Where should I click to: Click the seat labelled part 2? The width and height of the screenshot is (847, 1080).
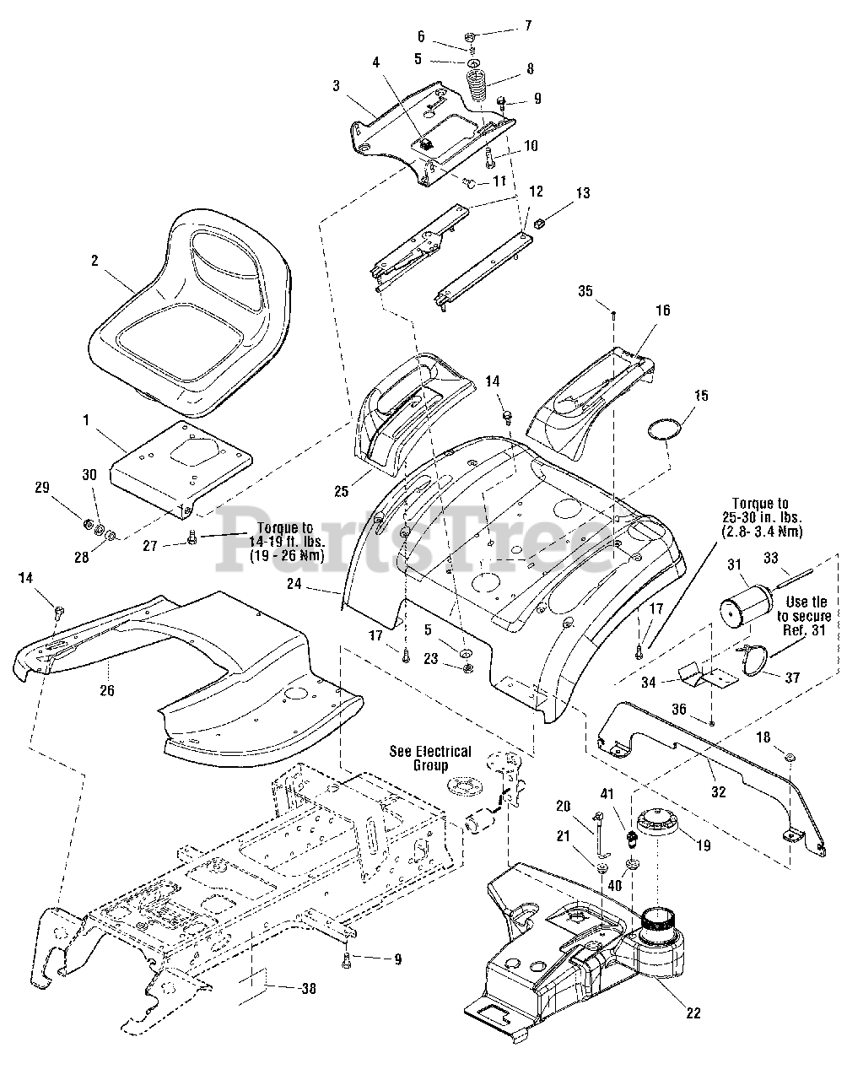[192, 318]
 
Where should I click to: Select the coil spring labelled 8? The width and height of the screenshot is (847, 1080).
[475, 85]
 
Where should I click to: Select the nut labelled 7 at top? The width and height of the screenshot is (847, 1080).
[469, 36]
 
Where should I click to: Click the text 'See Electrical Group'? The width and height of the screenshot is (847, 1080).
[430, 759]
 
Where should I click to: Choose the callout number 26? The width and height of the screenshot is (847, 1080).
[107, 690]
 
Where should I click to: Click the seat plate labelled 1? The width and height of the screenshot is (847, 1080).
[180, 469]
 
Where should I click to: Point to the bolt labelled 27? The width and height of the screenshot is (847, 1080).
[192, 538]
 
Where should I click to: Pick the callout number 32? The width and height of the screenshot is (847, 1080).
[718, 792]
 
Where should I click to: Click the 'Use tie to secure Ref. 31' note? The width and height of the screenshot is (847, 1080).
[804, 616]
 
